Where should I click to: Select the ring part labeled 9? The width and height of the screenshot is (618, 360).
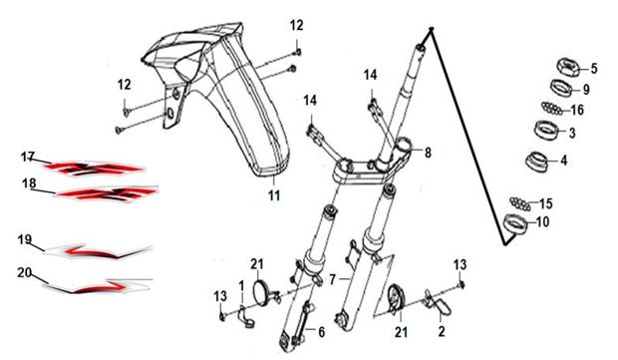(562, 87)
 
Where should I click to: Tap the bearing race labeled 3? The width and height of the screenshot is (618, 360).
(547, 130)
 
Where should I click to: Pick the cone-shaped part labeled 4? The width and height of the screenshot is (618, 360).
(539, 161)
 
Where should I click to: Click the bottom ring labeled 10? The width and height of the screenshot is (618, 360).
(516, 224)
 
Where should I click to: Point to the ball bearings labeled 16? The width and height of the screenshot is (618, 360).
(552, 108)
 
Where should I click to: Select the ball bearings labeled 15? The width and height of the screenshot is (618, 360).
(520, 203)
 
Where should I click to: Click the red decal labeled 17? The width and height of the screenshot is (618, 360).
(94, 169)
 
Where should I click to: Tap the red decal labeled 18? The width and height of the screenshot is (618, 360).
(108, 193)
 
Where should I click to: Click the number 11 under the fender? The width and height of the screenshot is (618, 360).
(274, 194)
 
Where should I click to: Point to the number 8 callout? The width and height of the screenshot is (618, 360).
(428, 153)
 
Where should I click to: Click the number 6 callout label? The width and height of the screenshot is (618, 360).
(322, 332)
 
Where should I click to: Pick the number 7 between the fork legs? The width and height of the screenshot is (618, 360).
(333, 279)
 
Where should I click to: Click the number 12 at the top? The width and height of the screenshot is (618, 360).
(297, 26)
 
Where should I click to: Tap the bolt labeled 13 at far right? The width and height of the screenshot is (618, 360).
(462, 284)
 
